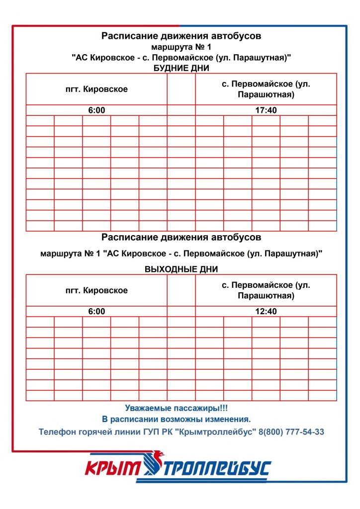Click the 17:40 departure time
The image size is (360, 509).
pos(266,110)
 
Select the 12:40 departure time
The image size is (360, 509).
pos(266,312)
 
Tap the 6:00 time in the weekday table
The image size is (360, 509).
pos(96,110)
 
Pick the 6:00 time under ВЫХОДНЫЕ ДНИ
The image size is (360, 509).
pos(96,312)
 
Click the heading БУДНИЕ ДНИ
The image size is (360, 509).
pos(181,68)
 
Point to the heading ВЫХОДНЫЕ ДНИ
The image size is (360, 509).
pos(181,269)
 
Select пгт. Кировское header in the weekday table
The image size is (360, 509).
pos(96,89)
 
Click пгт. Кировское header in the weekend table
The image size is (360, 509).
pos(96,290)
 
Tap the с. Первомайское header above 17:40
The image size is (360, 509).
pos(266,89)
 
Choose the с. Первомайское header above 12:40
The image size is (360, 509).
pos(266,290)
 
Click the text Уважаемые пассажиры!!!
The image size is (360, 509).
pos(177,408)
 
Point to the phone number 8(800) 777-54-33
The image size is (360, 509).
pos(291,432)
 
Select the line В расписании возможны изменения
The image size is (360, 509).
pos(177,420)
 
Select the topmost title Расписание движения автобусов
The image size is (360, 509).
pos(181,36)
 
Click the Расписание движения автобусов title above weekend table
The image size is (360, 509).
pos(181,237)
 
